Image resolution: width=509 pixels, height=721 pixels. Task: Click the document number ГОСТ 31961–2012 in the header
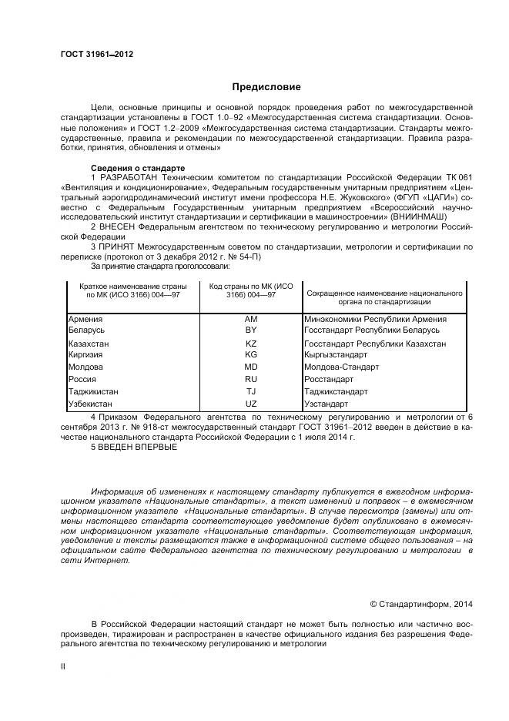(96, 54)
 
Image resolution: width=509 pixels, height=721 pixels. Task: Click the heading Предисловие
(266, 87)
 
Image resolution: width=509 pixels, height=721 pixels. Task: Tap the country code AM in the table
(250, 319)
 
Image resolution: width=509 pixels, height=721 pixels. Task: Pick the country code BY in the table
(250, 330)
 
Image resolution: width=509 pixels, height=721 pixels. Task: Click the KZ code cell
(250, 344)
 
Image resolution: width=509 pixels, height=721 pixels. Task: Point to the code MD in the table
(250, 367)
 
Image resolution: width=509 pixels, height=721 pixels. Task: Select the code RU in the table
(250, 379)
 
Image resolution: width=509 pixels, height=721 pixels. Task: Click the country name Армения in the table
(85, 319)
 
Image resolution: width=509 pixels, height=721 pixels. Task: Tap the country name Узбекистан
(90, 404)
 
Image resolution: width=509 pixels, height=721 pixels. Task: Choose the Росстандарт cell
(329, 379)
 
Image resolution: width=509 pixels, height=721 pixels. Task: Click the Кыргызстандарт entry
(336, 355)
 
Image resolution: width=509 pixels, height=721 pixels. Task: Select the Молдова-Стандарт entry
(341, 367)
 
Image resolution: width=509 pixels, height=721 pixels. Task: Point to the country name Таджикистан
(93, 391)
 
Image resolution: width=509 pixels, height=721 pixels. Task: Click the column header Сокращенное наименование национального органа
(383, 297)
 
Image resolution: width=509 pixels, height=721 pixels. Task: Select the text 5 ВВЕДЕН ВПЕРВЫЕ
(133, 446)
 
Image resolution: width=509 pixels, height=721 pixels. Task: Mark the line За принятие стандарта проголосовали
(160, 266)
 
